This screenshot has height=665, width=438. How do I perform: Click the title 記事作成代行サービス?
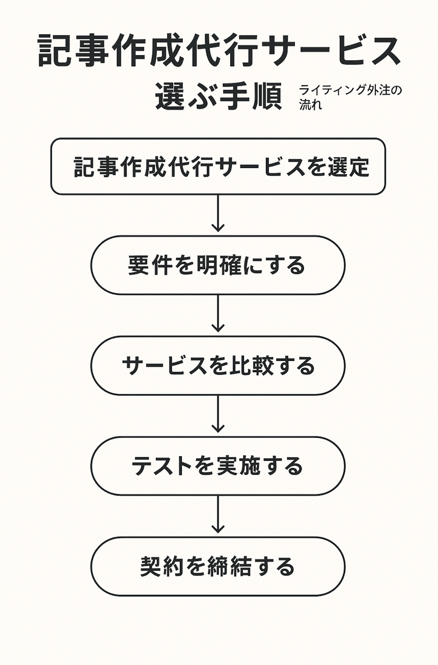coord(219,51)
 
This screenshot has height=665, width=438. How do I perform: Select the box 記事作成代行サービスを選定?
coord(218,167)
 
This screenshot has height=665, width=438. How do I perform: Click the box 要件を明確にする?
coord(218,265)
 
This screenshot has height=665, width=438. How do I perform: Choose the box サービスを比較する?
coord(218,366)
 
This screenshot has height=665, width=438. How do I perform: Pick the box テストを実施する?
coord(218,466)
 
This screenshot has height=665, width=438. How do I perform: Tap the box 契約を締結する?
coord(218,566)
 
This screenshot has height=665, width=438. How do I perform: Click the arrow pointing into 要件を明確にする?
coord(218,214)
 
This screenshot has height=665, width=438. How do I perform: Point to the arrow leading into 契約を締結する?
coord(218,515)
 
